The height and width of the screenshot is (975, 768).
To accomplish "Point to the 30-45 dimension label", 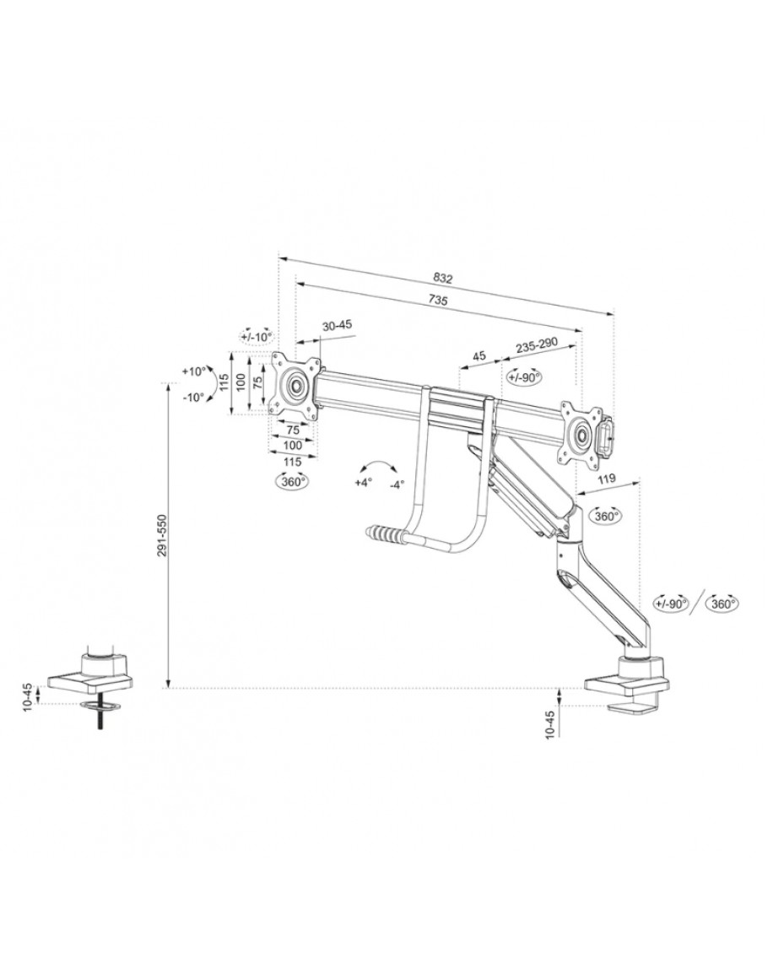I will pyautogui.click(x=337, y=325).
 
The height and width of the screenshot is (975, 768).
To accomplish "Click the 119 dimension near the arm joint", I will pyautogui.click(x=605, y=479).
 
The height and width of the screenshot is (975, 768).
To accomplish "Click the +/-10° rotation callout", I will pyautogui.click(x=257, y=336).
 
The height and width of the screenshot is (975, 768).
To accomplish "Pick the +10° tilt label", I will pyautogui.click(x=193, y=371).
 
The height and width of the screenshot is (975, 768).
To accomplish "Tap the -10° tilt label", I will pyautogui.click(x=193, y=397).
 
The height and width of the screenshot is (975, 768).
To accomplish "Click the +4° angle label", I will pyautogui.click(x=363, y=484).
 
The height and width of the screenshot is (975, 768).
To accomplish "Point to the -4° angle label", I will pyautogui.click(x=397, y=484).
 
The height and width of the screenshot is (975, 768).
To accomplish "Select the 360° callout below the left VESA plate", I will pyautogui.click(x=291, y=480).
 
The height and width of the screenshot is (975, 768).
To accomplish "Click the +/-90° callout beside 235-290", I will pyautogui.click(x=524, y=376).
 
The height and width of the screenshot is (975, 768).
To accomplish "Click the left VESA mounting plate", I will pyautogui.click(x=296, y=386).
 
